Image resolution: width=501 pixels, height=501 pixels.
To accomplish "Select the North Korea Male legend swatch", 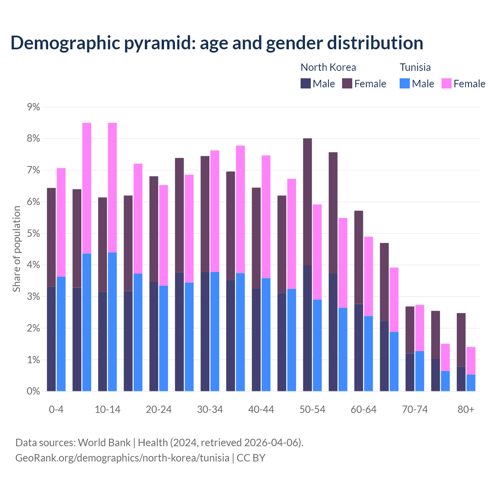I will pyautogui.click(x=306, y=83).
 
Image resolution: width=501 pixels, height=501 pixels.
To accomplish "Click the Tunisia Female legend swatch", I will pyautogui.click(x=447, y=83).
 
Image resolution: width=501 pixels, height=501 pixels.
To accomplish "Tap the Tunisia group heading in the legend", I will pyautogui.click(x=415, y=67).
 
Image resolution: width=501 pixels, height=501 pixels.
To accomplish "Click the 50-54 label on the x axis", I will pyautogui.click(x=312, y=409).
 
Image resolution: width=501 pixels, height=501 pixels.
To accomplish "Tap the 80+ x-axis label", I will pyautogui.click(x=466, y=409).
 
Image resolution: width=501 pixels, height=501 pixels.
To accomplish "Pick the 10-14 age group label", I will pyautogui.click(x=108, y=409).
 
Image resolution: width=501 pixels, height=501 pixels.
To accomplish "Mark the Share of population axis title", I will pyautogui.click(x=16, y=249).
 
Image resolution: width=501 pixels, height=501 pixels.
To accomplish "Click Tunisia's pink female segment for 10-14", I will pyautogui.click(x=112, y=187).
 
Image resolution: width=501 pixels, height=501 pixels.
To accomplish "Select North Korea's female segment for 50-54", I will pyautogui.click(x=307, y=202).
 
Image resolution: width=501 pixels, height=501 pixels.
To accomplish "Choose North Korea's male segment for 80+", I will pyautogui.click(x=461, y=379).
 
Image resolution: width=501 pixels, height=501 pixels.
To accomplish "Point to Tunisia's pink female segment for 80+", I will pyautogui.click(x=471, y=360).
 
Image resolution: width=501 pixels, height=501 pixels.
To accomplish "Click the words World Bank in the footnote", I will pyautogui.click(x=104, y=443).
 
